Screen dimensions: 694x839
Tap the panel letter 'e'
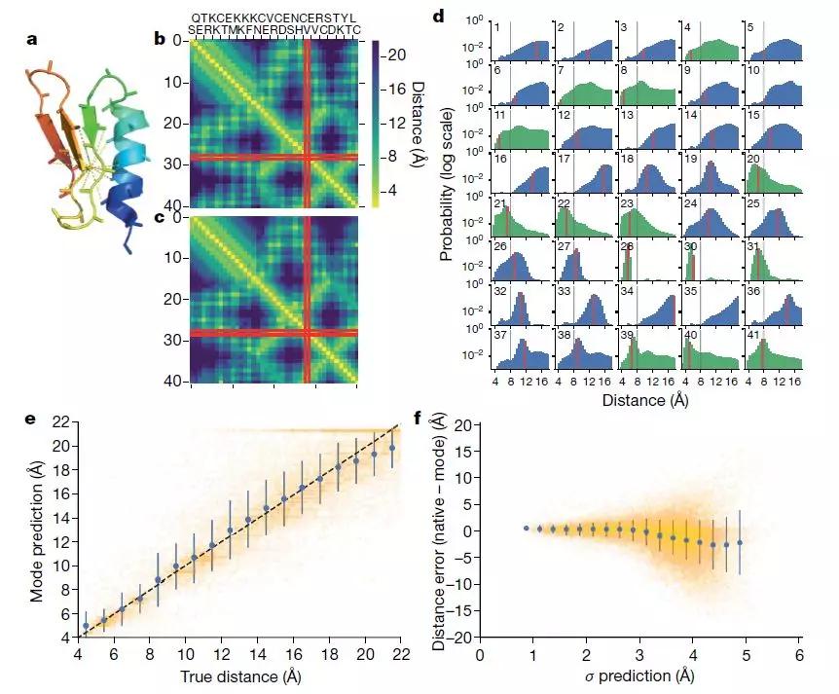(32, 420)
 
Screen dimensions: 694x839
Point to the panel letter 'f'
(419, 421)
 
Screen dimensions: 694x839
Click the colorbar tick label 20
(397, 55)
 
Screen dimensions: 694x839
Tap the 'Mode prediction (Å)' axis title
(39, 531)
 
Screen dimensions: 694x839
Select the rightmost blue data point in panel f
(740, 542)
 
